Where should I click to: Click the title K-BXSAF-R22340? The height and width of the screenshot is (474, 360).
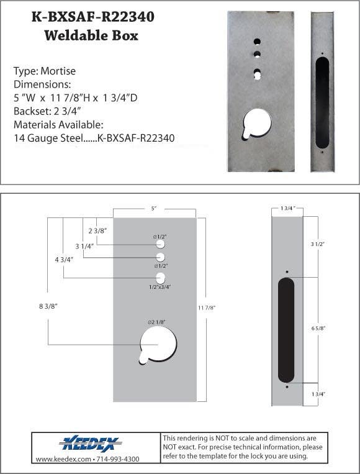[x=92, y=17]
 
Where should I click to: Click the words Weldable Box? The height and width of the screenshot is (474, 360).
[x=91, y=35]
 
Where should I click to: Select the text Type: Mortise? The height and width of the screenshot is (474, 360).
[x=44, y=71]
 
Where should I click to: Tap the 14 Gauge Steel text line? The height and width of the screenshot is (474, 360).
[x=93, y=137]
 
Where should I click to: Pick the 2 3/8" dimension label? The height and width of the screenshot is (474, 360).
[x=99, y=230]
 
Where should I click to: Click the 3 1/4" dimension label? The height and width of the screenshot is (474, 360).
[x=86, y=245]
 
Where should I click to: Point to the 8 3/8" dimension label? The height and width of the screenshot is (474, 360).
[x=48, y=305]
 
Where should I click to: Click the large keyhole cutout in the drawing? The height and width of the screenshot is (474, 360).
[x=159, y=344]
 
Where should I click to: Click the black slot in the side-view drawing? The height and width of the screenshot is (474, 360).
[x=286, y=330]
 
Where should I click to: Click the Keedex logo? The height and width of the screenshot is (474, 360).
[x=91, y=444]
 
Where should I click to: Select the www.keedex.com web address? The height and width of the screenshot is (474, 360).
[x=64, y=459]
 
